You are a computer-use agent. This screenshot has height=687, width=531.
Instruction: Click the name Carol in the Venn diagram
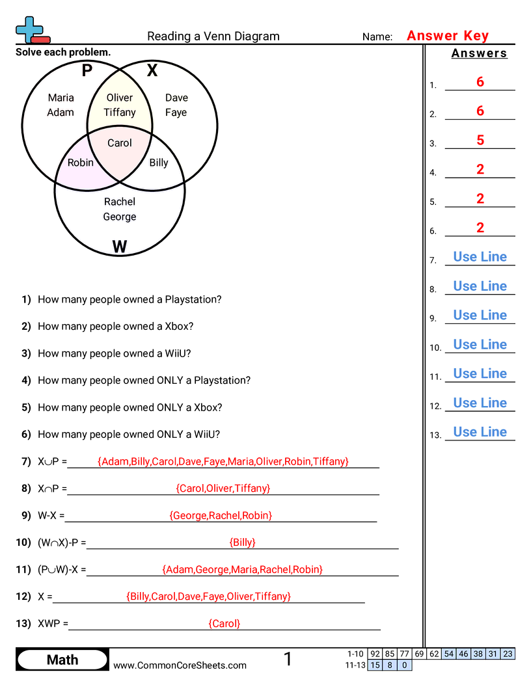click(119, 143)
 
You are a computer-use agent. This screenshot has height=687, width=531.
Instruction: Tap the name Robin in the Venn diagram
click(81, 163)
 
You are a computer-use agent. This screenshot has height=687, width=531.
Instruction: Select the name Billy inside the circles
click(159, 163)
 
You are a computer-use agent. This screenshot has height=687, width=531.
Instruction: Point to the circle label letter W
click(119, 247)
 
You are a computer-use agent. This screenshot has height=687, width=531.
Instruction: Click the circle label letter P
click(87, 70)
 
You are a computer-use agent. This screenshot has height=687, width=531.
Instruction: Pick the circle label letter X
click(152, 70)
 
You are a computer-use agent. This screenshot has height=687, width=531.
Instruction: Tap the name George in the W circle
click(120, 217)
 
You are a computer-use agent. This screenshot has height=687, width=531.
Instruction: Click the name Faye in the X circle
click(176, 112)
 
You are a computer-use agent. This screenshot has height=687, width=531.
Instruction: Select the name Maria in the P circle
click(61, 98)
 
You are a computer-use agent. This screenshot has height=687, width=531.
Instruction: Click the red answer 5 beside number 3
click(480, 140)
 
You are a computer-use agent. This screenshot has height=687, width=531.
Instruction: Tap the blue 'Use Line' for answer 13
click(480, 432)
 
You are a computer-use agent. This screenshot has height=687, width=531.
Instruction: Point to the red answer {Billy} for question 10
click(242, 542)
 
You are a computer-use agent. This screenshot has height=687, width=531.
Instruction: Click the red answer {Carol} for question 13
click(225, 623)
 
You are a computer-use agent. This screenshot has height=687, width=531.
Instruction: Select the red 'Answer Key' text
click(448, 36)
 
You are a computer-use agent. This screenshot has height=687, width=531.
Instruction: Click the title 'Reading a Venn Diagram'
click(213, 36)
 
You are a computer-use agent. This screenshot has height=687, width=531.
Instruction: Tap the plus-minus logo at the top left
click(31, 30)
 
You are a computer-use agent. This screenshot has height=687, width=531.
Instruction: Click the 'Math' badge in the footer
click(62, 660)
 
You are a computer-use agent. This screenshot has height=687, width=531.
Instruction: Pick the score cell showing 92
click(375, 654)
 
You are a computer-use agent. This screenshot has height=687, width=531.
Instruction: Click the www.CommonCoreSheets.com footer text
click(180, 665)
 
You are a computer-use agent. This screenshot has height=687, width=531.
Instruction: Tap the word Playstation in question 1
click(193, 299)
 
